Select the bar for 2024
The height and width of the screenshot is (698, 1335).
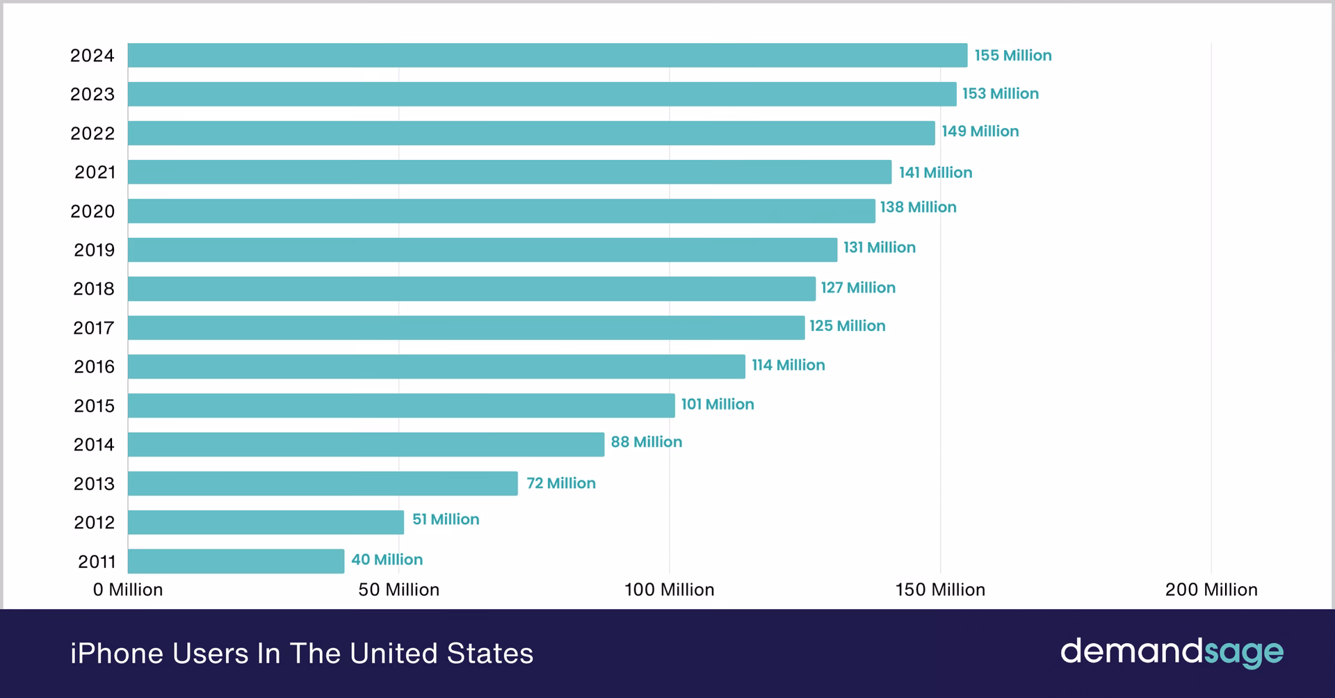coord(547,55)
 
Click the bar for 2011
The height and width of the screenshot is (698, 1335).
coord(236,561)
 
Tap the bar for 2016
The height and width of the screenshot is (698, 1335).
coord(436,366)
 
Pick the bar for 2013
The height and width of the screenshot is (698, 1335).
coord(323,483)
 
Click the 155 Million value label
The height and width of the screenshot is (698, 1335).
coord(1012,56)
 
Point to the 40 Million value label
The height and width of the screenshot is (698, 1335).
coord(387,560)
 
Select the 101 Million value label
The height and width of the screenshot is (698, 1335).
coord(717,405)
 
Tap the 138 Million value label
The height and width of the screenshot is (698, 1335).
coord(918,207)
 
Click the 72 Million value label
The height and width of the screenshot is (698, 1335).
coord(560,483)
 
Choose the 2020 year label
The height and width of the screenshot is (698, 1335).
coord(92,211)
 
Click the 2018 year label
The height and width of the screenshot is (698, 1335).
coord(94,289)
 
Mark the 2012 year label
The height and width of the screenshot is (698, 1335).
coord(94,522)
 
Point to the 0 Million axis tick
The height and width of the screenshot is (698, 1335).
coord(128,590)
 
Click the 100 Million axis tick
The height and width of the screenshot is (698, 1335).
coord(669,590)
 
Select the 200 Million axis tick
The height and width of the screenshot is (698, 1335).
coord(1211,590)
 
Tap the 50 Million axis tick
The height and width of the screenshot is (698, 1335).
coord(398,590)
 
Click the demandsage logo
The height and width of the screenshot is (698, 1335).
coord(1171,652)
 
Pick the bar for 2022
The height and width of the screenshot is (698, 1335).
coord(531,133)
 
